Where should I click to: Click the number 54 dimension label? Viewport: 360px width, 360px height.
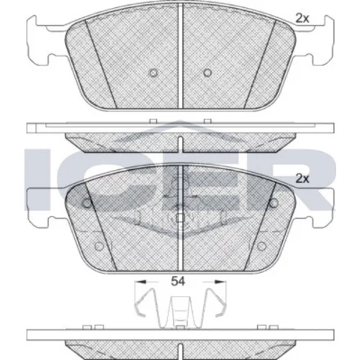point(178,281)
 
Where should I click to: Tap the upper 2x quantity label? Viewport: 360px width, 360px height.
point(302,19)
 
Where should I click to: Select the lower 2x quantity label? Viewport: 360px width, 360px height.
point(302,179)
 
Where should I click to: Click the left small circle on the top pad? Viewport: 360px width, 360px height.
point(153,73)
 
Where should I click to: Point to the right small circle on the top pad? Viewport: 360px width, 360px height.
point(207,73)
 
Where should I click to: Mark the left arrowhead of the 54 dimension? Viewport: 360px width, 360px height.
point(141,282)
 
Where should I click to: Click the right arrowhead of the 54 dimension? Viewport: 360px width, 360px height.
point(220,282)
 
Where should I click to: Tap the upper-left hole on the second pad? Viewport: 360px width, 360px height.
point(87,203)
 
